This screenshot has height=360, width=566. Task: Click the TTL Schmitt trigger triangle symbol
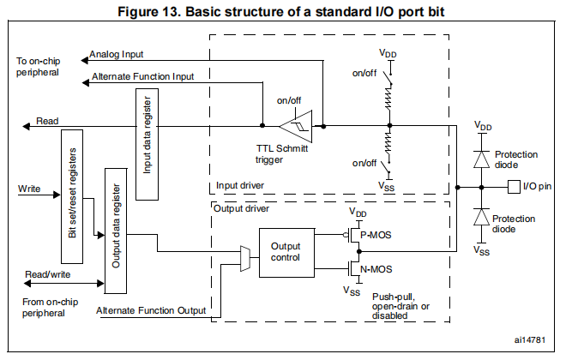[x=295, y=125]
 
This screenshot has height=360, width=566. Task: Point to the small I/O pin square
[x=514, y=186]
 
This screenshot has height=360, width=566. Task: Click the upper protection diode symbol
[x=482, y=158]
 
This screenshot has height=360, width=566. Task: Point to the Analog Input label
[x=116, y=55]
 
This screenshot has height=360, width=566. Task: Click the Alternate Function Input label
[x=142, y=77]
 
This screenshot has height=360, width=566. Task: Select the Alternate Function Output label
[x=151, y=310]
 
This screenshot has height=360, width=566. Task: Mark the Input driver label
[x=240, y=186]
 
